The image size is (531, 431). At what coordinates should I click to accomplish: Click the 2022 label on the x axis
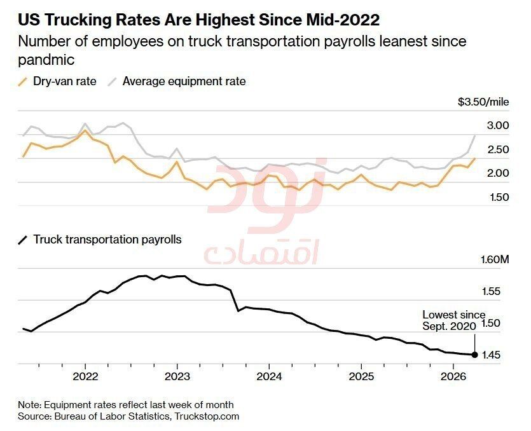[85, 376]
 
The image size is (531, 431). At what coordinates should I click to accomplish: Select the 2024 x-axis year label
[269, 376]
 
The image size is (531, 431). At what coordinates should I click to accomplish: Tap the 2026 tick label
[453, 376]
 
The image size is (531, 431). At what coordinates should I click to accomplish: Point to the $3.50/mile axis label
[483, 102]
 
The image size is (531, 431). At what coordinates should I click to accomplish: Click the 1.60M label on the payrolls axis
[495, 260]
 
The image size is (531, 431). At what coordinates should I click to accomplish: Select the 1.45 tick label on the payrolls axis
[491, 355]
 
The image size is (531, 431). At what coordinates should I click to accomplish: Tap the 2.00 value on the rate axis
[498, 173]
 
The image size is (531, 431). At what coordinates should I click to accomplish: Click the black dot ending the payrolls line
[475, 355]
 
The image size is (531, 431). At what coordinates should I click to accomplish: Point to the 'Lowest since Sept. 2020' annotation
[454, 320]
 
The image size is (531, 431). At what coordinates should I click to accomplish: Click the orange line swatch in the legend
[23, 81]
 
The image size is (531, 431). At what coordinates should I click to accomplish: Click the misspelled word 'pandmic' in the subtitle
[46, 60]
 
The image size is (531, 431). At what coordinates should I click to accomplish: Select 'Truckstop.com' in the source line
[207, 416]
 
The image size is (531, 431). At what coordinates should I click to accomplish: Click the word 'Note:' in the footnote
[30, 405]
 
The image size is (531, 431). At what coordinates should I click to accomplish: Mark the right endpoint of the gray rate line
[475, 136]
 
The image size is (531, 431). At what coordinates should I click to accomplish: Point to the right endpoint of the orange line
[475, 158]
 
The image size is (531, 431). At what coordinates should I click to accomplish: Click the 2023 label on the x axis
[177, 376]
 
